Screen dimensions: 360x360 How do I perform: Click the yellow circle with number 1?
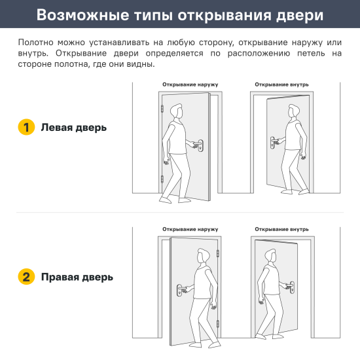coord(26,127)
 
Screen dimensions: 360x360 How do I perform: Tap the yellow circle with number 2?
coord(26,276)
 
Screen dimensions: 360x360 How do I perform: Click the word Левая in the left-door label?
coord(56,128)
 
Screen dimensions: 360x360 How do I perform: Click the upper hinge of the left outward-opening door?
coord(161,108)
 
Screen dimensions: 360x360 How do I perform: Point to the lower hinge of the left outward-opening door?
coord(161,179)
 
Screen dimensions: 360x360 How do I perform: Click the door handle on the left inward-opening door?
coord(273,141)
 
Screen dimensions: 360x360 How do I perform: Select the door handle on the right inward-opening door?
coord(289,285)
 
